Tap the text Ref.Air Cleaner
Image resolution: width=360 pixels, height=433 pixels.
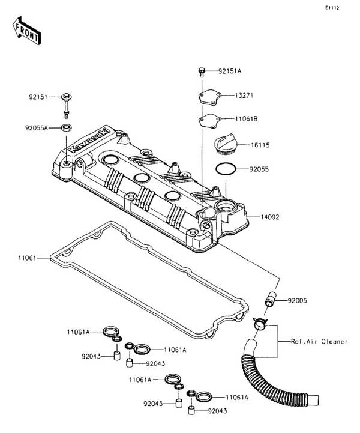319,341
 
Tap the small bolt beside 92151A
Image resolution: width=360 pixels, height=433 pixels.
202,73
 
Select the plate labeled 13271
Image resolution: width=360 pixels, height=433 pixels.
209,96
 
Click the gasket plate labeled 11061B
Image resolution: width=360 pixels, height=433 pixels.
209,119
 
